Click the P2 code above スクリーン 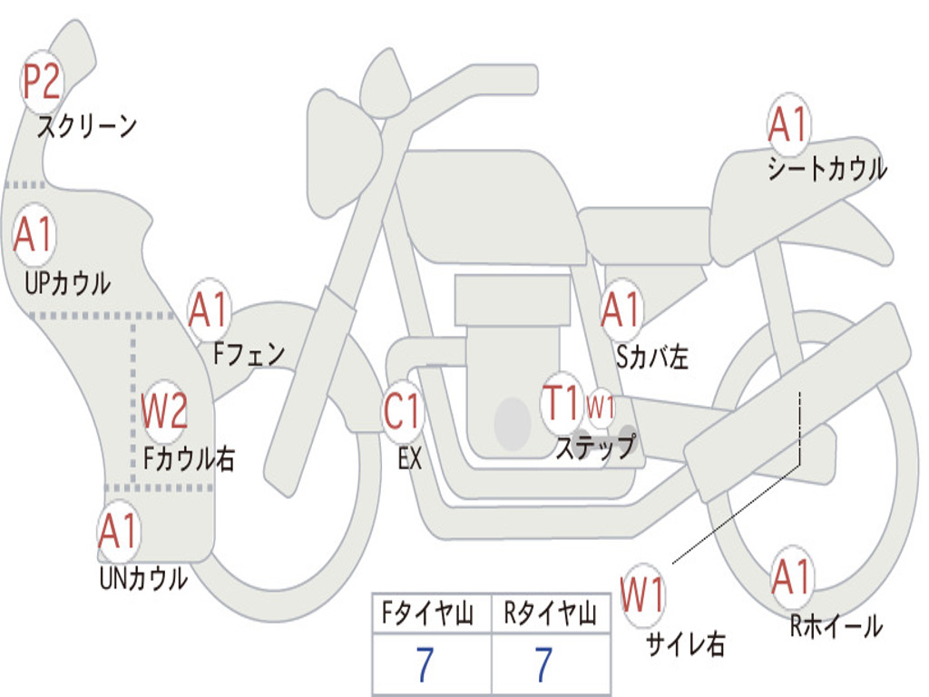pyautogui.click(x=41, y=83)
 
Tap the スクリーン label pyautogui.click(x=87, y=126)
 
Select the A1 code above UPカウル pyautogui.click(x=34, y=235)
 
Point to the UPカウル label pyautogui.click(x=67, y=283)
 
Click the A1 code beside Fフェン pyautogui.click(x=210, y=310)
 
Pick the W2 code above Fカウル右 pyautogui.click(x=165, y=412)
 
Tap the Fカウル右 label pyautogui.click(x=189, y=458)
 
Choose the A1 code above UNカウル pyautogui.click(x=118, y=532)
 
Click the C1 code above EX pyautogui.click(x=402, y=412)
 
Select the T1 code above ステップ pyautogui.click(x=561, y=402)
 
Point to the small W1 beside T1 pyautogui.click(x=601, y=407)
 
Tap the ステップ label pyautogui.click(x=595, y=448)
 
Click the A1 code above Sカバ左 pyautogui.click(x=622, y=310)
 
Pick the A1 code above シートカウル pyautogui.click(x=787, y=125)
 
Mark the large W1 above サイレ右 pyautogui.click(x=642, y=595)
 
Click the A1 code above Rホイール pyautogui.click(x=792, y=577)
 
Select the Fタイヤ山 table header pyautogui.click(x=429, y=615)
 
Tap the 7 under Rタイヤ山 pyautogui.click(x=543, y=665)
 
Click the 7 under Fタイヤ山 pyautogui.click(x=425, y=665)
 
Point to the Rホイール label pyautogui.click(x=836, y=626)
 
